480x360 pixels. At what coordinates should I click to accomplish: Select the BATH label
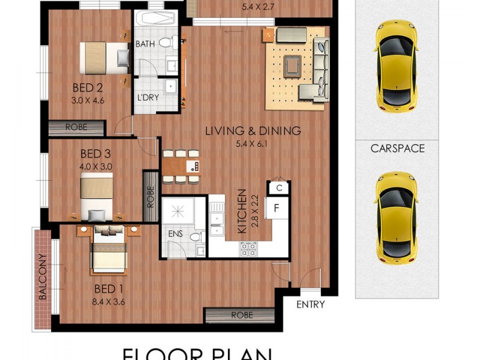pos(146,44)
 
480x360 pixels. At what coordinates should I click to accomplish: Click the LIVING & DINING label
pos(253,131)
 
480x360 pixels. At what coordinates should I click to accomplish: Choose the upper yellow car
pos(395,65)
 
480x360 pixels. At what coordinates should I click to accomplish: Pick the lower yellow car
pos(395,217)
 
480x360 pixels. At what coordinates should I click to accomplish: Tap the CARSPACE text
pos(397,148)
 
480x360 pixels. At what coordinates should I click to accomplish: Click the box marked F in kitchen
pos(277,209)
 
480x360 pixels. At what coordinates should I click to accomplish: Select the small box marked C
pos(278,188)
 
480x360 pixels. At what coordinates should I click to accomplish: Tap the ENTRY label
pos(311,305)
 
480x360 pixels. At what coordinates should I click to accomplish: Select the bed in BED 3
pos(97,194)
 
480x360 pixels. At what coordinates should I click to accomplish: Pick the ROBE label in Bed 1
pos(241,315)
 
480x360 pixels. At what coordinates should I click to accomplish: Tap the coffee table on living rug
pos(293,64)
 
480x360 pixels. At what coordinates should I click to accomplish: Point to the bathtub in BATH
pos(152,20)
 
